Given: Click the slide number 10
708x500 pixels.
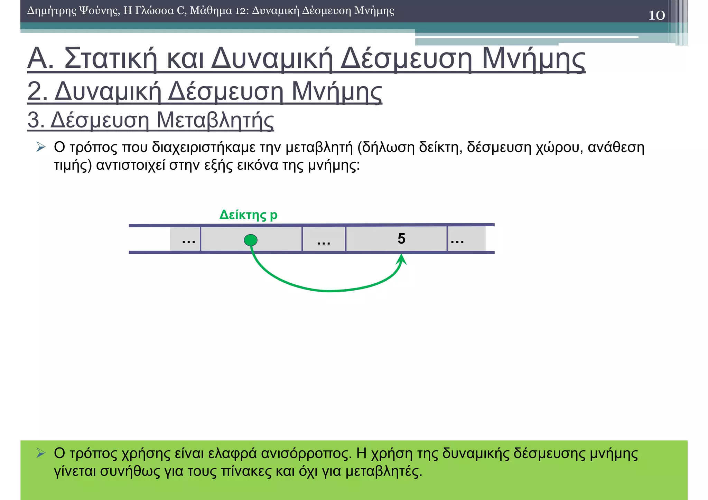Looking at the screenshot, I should point(656,15).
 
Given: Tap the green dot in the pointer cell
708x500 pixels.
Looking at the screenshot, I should point(251,240).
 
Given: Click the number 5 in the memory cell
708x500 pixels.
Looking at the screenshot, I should point(401,238).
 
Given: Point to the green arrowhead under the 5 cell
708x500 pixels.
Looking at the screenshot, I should point(401,259).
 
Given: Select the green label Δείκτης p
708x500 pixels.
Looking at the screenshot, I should point(248,215).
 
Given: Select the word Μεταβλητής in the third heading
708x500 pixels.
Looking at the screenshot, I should point(215,120).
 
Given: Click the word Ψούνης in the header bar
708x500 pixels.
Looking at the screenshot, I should point(99,11).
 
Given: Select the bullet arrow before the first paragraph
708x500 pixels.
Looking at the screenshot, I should point(41,147).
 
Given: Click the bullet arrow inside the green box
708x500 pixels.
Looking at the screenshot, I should point(41,453).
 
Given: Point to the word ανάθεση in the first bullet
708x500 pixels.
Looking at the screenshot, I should point(616,148).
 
